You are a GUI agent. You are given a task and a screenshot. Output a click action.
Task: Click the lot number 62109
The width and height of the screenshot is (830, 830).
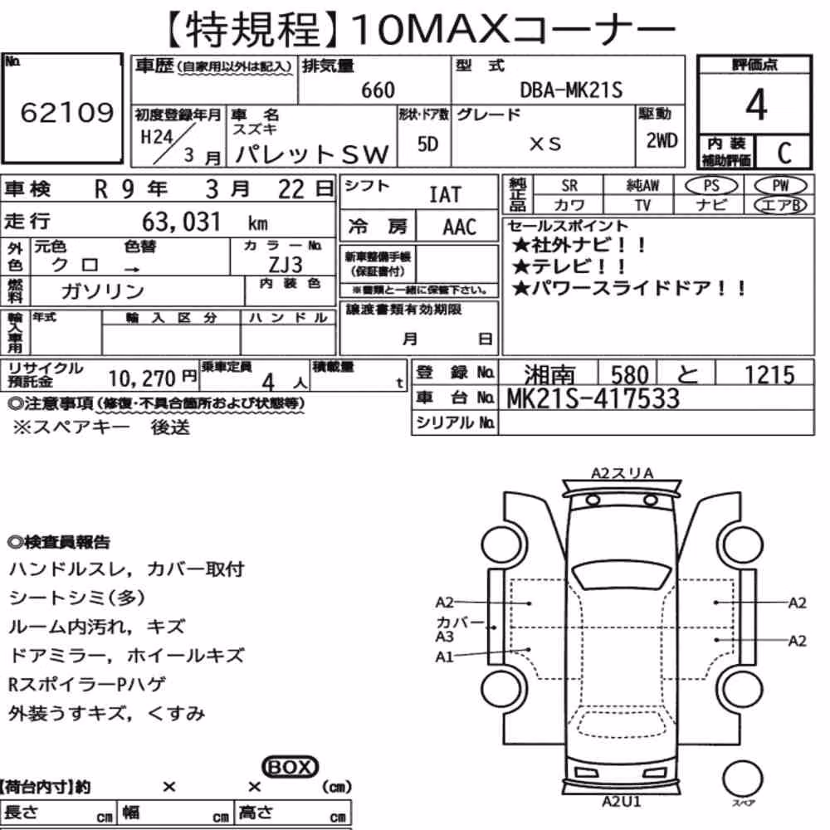tap(67, 112)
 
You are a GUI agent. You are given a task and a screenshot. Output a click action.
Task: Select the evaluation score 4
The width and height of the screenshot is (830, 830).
tap(756, 105)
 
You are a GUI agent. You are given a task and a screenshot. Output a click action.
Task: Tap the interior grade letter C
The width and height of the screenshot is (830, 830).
tap(784, 153)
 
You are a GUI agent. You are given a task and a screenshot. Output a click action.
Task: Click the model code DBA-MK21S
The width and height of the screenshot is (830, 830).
tap(571, 90)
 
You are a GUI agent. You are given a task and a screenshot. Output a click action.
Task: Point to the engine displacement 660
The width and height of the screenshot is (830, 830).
tap(378, 90)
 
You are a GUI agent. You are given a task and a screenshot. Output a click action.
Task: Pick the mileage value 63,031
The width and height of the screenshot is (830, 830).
tap(181, 222)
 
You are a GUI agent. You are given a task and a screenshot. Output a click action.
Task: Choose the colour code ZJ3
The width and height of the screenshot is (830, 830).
tap(286, 264)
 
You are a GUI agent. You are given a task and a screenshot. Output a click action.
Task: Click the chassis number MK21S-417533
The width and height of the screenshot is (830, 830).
tap(593, 398)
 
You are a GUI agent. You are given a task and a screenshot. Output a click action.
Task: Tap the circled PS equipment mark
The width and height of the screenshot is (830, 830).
tap(711, 185)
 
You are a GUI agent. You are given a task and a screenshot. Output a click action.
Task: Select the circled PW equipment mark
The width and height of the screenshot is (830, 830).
tap(780, 185)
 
